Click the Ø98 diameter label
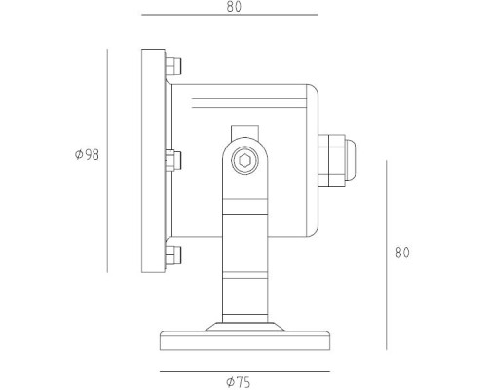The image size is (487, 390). point(87,155)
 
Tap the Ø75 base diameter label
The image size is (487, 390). point(238,382)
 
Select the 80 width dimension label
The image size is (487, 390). point(234,7)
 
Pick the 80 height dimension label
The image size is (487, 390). point(401,253)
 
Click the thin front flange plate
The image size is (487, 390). point(152,161)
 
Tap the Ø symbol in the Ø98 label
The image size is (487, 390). point(78,155)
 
